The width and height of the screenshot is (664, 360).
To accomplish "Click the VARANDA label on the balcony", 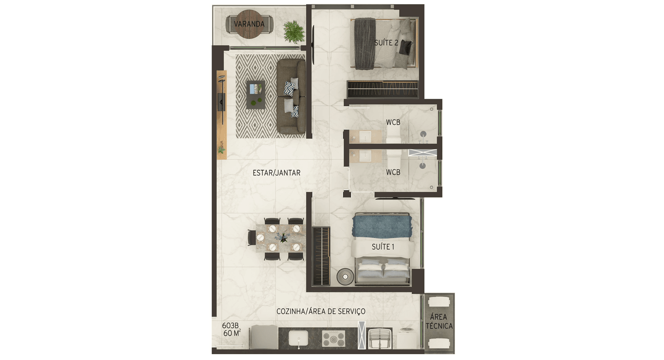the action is (249, 24).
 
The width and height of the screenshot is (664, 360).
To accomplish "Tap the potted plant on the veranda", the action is (294, 32).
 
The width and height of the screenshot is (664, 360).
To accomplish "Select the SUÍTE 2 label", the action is (386, 43).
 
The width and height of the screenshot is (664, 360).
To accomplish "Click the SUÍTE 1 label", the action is (383, 247).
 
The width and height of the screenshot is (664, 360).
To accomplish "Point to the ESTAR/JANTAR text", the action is (276, 173).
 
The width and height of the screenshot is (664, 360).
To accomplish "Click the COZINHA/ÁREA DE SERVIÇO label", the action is (321, 311).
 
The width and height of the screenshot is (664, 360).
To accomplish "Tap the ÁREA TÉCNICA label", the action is (439, 321).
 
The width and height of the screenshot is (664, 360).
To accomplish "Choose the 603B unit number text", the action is (230, 326).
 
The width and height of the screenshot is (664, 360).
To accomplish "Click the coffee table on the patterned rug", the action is (256, 95).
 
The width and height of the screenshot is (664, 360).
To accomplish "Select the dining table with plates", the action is (281, 238).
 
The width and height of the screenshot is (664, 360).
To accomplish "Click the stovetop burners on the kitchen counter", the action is (334, 338).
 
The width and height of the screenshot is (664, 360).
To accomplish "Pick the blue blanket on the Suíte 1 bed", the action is (382, 227).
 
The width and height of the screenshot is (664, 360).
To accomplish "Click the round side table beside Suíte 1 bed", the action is (345, 277).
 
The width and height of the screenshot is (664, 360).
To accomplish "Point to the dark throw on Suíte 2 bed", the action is (365, 44).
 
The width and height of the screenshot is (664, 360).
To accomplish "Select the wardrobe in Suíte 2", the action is (382, 89).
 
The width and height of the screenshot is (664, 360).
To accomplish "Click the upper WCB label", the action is (393, 122).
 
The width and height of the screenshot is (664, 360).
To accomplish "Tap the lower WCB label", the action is (393, 172).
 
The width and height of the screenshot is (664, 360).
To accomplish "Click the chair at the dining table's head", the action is (252, 238).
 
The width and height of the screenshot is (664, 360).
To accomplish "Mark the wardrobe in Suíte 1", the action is (321, 256).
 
